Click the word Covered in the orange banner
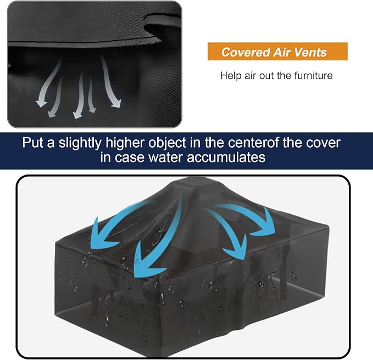(x=246, y=52)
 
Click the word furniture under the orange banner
(x=313, y=76)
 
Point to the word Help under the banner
(x=231, y=76)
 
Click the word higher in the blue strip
(x=125, y=143)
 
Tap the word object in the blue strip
(x=167, y=143)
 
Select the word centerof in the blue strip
(x=253, y=143)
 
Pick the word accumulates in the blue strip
(x=226, y=157)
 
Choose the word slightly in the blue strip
(x=80, y=143)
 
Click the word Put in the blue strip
(x=33, y=143)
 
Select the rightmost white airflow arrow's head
(x=116, y=103)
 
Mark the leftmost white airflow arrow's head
(x=41, y=103)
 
